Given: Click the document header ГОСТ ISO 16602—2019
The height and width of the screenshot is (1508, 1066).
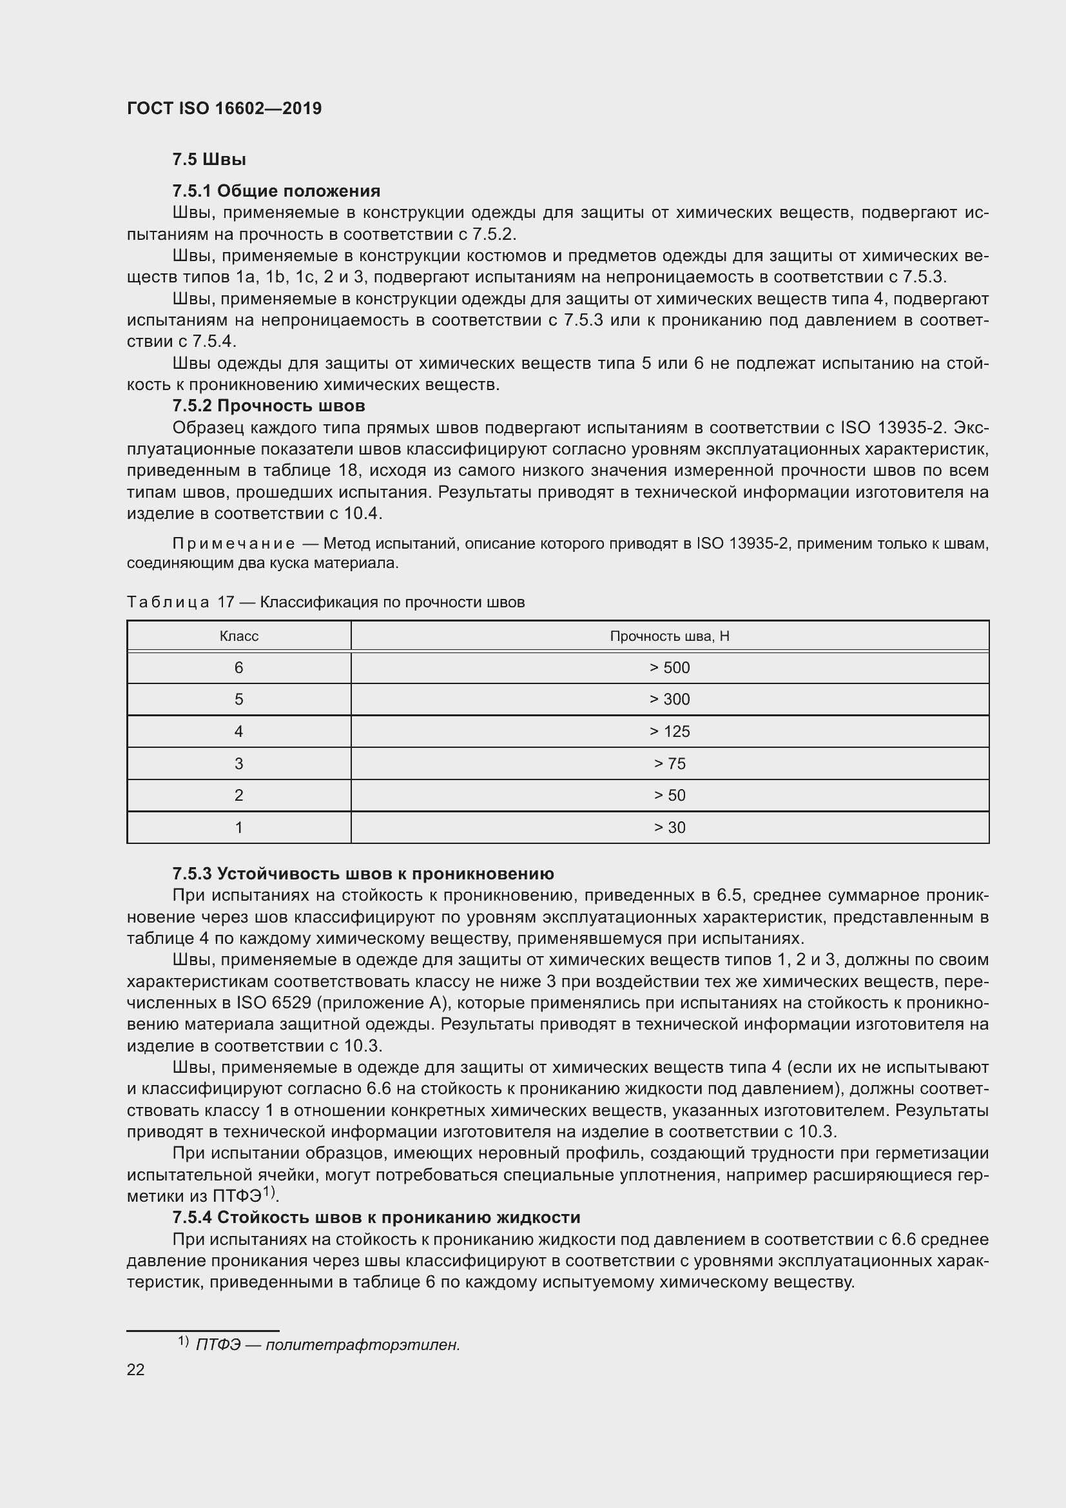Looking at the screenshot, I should [224, 108].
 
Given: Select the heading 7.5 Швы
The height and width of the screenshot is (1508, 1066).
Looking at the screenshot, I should [209, 160].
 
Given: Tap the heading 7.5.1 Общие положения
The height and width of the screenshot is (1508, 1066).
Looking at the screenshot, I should [276, 191].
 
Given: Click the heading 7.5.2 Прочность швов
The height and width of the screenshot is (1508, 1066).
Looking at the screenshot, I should [269, 406].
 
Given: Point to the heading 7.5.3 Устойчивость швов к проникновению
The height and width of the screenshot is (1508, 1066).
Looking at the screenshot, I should [363, 874].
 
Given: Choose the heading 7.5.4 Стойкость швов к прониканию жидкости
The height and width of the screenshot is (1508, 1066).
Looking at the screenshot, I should [376, 1217].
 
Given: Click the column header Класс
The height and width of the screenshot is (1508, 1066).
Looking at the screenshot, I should [238, 636].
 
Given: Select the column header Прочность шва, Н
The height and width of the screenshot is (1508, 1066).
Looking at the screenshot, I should [670, 636].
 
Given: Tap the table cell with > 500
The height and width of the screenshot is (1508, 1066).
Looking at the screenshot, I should [670, 668].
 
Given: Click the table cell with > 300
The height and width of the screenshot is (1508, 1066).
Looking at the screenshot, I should [670, 700].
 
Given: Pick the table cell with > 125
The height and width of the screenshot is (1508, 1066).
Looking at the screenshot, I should [670, 732].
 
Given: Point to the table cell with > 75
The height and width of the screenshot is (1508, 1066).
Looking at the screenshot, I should [670, 764].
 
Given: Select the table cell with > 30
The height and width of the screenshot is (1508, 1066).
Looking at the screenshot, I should [670, 828].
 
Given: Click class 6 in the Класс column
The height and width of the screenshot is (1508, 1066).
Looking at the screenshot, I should [238, 668].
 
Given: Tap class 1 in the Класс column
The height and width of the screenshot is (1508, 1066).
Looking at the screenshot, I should [238, 828].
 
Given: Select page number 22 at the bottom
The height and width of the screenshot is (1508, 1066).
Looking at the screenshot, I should [135, 1369].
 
